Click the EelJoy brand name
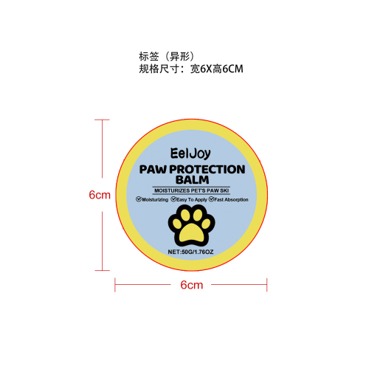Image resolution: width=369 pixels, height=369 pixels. point(190,154)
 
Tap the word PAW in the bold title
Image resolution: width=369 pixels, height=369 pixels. point(153,170)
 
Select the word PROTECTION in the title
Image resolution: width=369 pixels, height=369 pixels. point(207,170)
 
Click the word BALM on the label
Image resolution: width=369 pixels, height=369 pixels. point(193,180)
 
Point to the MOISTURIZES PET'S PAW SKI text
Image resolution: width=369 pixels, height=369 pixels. point(192,190)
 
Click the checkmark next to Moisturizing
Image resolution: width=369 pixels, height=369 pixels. point(139,199)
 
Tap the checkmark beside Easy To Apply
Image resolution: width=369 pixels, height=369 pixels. point(173,199)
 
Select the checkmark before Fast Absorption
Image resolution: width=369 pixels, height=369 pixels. point(211,199)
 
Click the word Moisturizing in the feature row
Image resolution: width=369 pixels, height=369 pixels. point(155,200)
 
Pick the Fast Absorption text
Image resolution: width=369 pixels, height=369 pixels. point(231,199)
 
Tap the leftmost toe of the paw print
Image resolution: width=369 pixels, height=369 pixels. point(177,224)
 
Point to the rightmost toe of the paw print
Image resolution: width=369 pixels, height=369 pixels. point(206,224)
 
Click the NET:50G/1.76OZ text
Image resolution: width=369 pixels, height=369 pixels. point(190,252)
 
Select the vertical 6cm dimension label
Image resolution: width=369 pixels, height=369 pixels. point(100,195)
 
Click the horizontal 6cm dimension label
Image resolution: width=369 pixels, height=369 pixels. point(192,285)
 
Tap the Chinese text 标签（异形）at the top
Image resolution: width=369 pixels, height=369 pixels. point(167,56)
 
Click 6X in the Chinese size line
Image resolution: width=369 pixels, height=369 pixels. point(206,69)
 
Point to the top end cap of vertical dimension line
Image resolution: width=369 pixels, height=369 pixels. point(102,120)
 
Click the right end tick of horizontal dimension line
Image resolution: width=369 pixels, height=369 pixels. point(266,285)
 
